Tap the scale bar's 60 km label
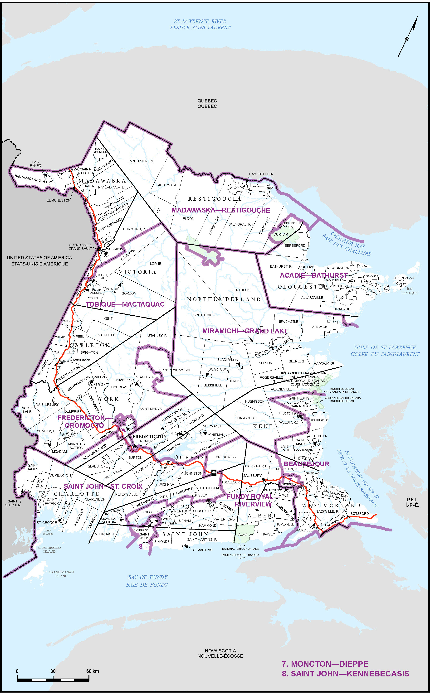click(93, 671)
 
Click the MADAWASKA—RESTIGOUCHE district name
click(221, 210)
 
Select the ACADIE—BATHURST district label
click(313, 275)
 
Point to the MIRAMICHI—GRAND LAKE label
click(245, 331)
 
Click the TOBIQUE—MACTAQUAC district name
click(125, 304)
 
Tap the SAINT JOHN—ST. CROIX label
click(103, 486)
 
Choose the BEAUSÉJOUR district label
click(306, 464)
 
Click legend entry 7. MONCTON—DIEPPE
click(325, 664)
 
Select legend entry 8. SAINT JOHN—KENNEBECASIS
click(345, 674)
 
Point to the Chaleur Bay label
click(346, 244)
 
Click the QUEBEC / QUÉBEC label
click(207, 103)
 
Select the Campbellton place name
click(261, 174)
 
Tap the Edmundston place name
click(59, 200)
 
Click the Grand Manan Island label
click(61, 574)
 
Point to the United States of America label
click(39, 260)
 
